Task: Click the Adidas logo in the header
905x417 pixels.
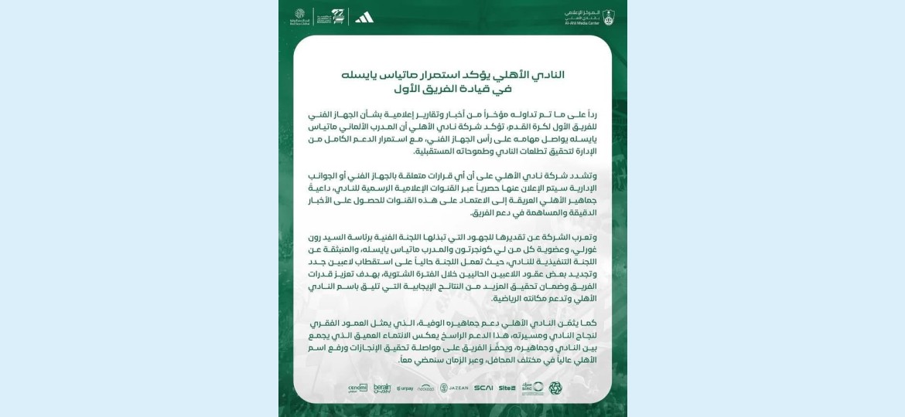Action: [x=364, y=16]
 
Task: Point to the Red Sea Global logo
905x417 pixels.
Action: [x=300, y=16]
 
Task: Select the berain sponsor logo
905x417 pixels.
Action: [x=382, y=388]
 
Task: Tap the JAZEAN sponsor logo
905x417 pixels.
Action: [x=454, y=388]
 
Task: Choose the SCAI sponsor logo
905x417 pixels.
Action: [x=483, y=388]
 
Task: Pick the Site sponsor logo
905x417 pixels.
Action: [x=507, y=388]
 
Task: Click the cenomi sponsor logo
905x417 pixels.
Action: [x=357, y=388]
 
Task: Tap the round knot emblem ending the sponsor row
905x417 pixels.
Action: [x=555, y=388]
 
